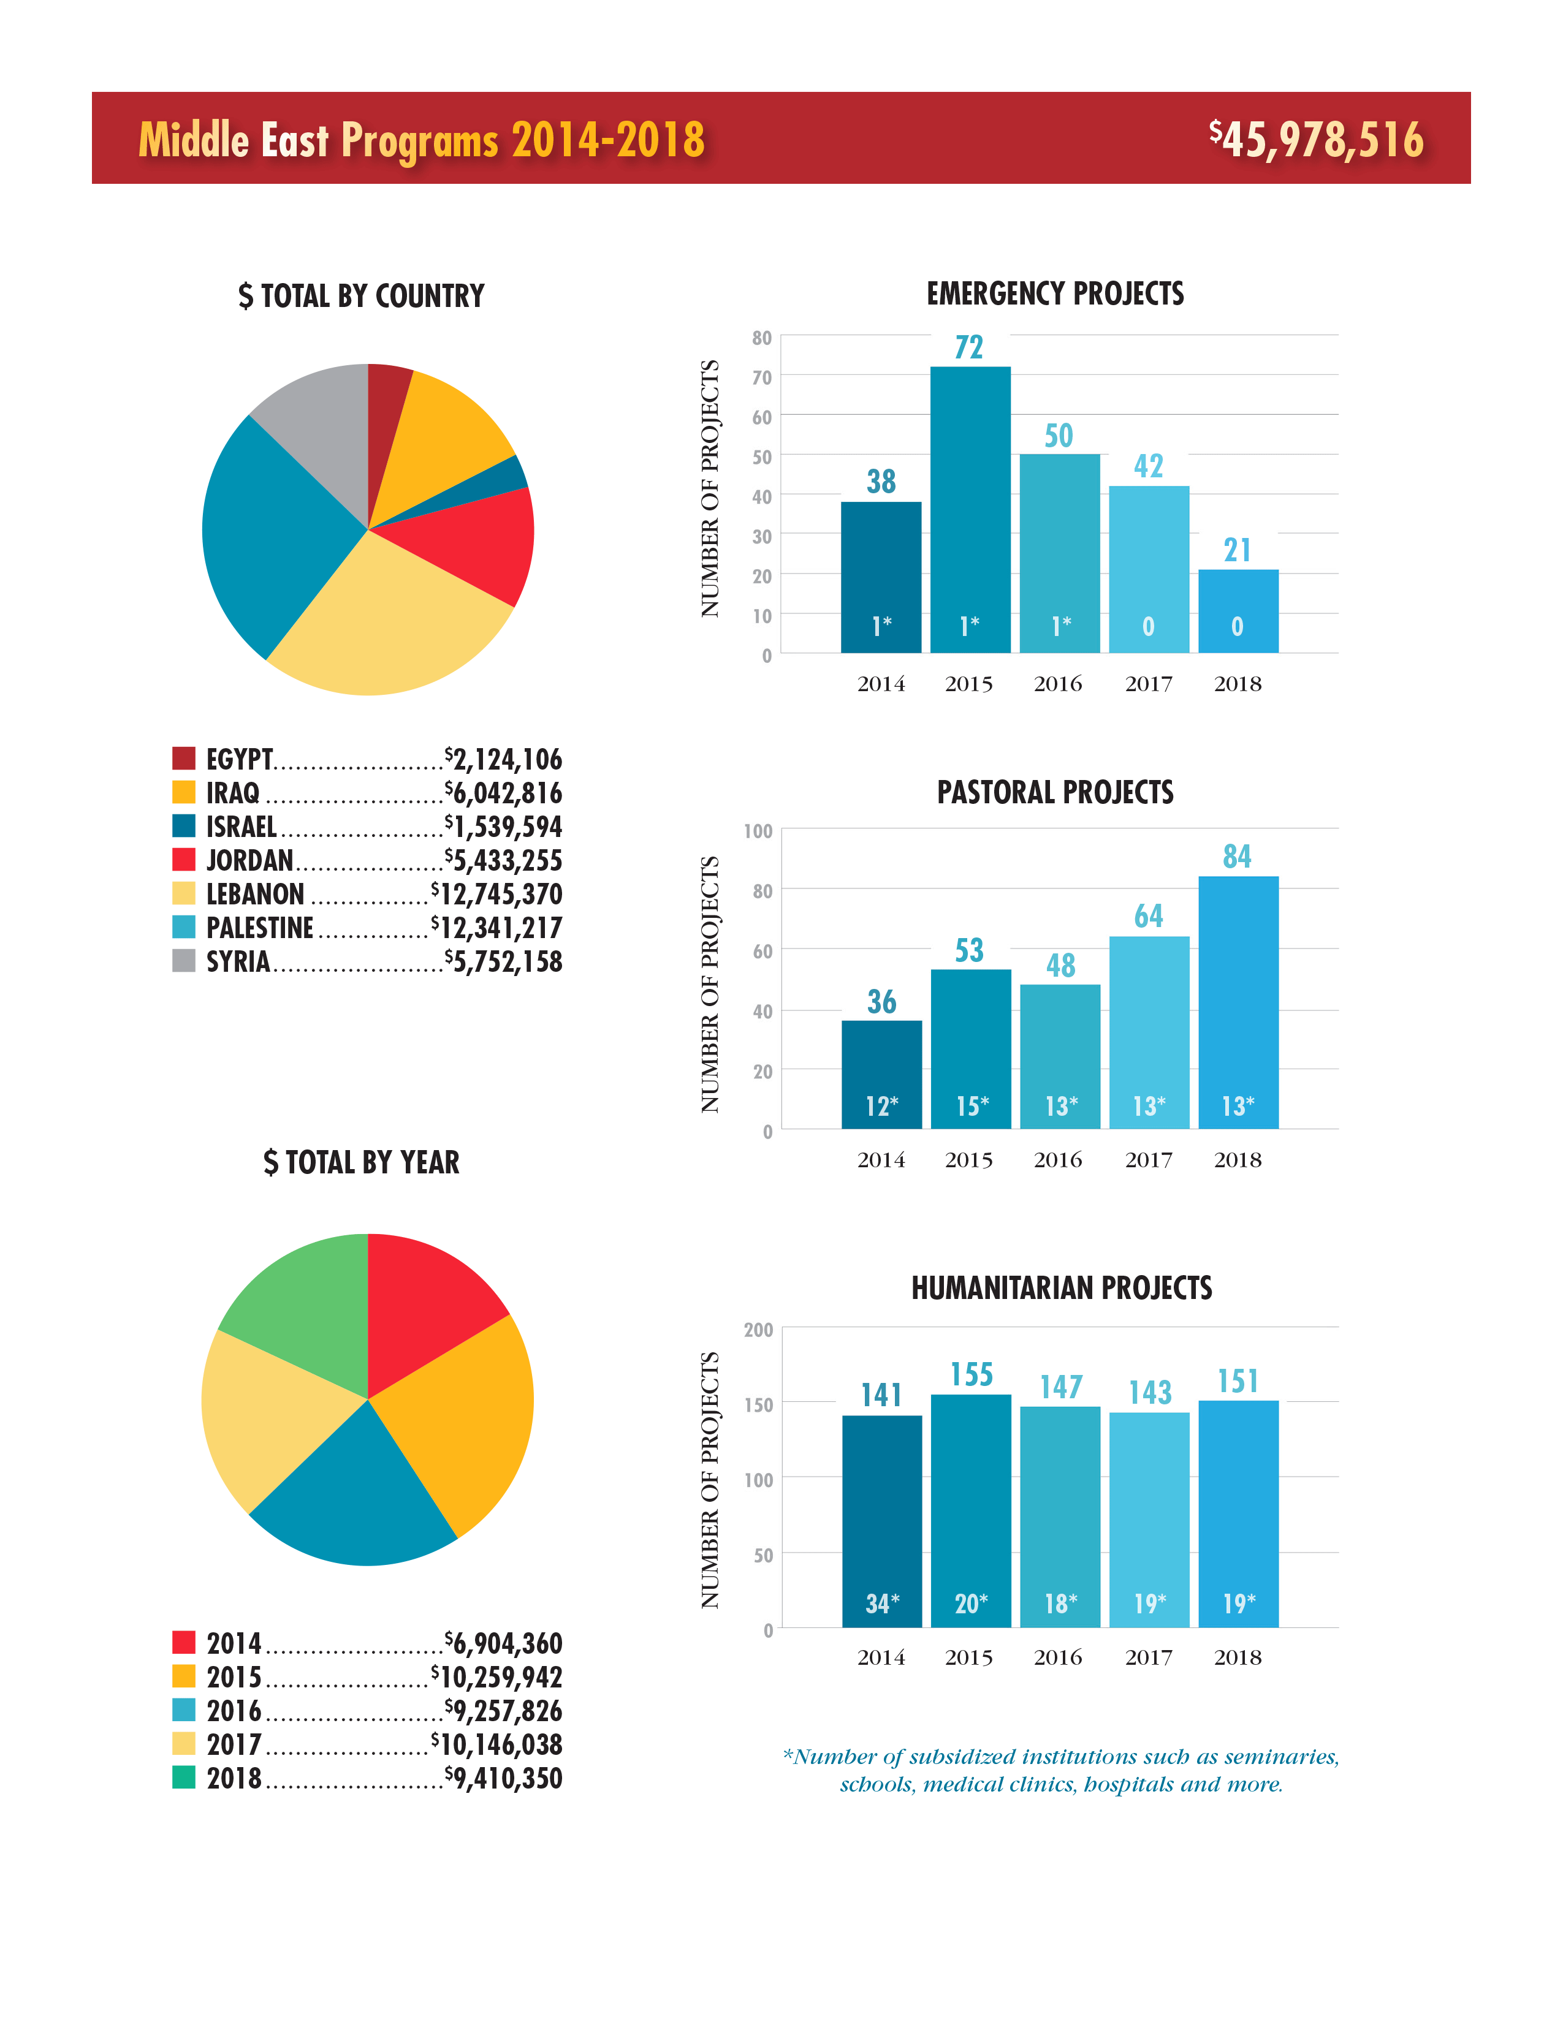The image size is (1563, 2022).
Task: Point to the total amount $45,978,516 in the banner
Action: [1316, 140]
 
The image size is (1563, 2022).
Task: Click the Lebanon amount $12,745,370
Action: [496, 895]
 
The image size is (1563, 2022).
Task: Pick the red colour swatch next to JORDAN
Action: [183, 860]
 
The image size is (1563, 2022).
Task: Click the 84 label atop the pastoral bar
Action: [1237, 857]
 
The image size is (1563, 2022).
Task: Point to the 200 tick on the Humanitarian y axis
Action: [758, 1330]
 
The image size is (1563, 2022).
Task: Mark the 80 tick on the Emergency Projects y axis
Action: [761, 338]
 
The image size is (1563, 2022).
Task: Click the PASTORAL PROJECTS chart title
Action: [1055, 792]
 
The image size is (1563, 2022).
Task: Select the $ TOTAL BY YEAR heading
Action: [361, 1162]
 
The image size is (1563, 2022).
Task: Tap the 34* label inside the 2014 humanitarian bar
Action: [881, 1604]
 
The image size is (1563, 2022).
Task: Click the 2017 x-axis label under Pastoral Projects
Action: [1148, 1160]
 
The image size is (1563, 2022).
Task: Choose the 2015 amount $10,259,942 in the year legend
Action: [496, 1678]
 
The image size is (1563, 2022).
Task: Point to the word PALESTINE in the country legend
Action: [259, 928]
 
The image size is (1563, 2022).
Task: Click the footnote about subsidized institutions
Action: [1061, 1770]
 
